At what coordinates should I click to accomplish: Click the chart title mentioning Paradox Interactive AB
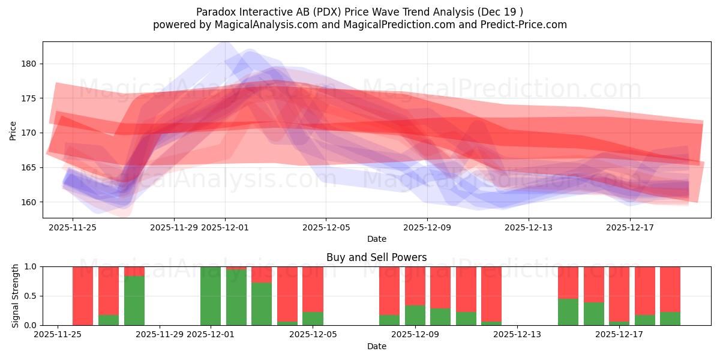tap(359, 11)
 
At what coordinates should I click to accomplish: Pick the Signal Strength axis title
tap(16, 296)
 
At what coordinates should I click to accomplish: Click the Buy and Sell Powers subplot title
tap(376, 257)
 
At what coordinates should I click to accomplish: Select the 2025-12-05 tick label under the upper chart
tap(326, 227)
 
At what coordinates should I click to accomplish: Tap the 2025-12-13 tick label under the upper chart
tap(529, 227)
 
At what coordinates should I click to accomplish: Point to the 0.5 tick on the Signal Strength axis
tap(30, 296)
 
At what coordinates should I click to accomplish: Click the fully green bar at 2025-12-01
tap(211, 296)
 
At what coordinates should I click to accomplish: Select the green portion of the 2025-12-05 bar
tap(313, 319)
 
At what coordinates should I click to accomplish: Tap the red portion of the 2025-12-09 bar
tap(415, 286)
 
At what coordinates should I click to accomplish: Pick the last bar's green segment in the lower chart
tap(670, 319)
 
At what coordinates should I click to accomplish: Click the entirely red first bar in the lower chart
tap(83, 296)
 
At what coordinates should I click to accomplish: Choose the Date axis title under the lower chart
tap(376, 346)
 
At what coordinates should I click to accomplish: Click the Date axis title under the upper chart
tap(376, 239)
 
